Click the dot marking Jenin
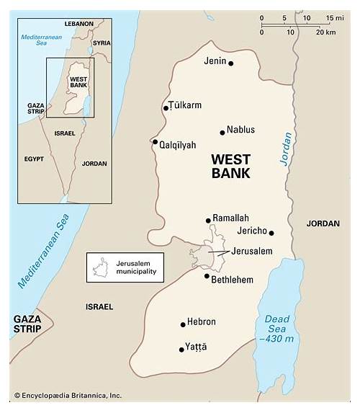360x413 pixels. click(231, 63)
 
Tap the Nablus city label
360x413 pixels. click(240, 130)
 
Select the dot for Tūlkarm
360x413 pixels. click(166, 108)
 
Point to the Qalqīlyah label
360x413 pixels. click(179, 145)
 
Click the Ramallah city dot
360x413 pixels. click(208, 221)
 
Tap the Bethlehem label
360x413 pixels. click(232, 279)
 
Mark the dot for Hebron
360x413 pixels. click(183, 324)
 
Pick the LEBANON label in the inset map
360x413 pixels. click(78, 24)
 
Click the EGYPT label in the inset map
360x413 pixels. click(33, 159)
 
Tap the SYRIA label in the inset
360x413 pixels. click(102, 43)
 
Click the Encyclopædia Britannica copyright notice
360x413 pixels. click(68, 395)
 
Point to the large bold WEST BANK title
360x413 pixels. click(230, 166)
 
